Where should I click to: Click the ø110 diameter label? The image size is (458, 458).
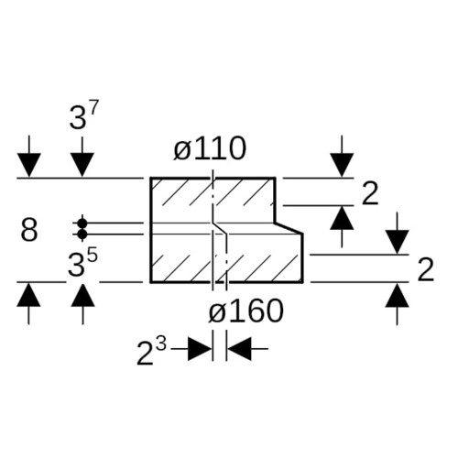(210, 148)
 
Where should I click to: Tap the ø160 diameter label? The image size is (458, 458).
(245, 311)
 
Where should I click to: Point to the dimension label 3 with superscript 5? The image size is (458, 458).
(82, 263)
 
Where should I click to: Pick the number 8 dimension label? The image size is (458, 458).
(29, 229)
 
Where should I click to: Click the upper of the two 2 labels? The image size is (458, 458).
(370, 193)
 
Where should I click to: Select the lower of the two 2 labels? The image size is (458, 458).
(426, 269)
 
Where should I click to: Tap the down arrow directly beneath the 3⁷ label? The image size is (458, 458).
(82, 157)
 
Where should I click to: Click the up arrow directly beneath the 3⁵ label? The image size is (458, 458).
(82, 303)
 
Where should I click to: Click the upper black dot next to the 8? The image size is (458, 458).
(82, 224)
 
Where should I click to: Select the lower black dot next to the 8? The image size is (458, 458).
(82, 234)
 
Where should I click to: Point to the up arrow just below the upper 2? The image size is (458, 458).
(342, 226)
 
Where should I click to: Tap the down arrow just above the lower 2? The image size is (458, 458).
(397, 234)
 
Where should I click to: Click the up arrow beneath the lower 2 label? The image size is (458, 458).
(397, 304)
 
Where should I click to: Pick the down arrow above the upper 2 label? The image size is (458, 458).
(342, 157)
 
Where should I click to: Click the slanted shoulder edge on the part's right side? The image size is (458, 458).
(289, 228)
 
